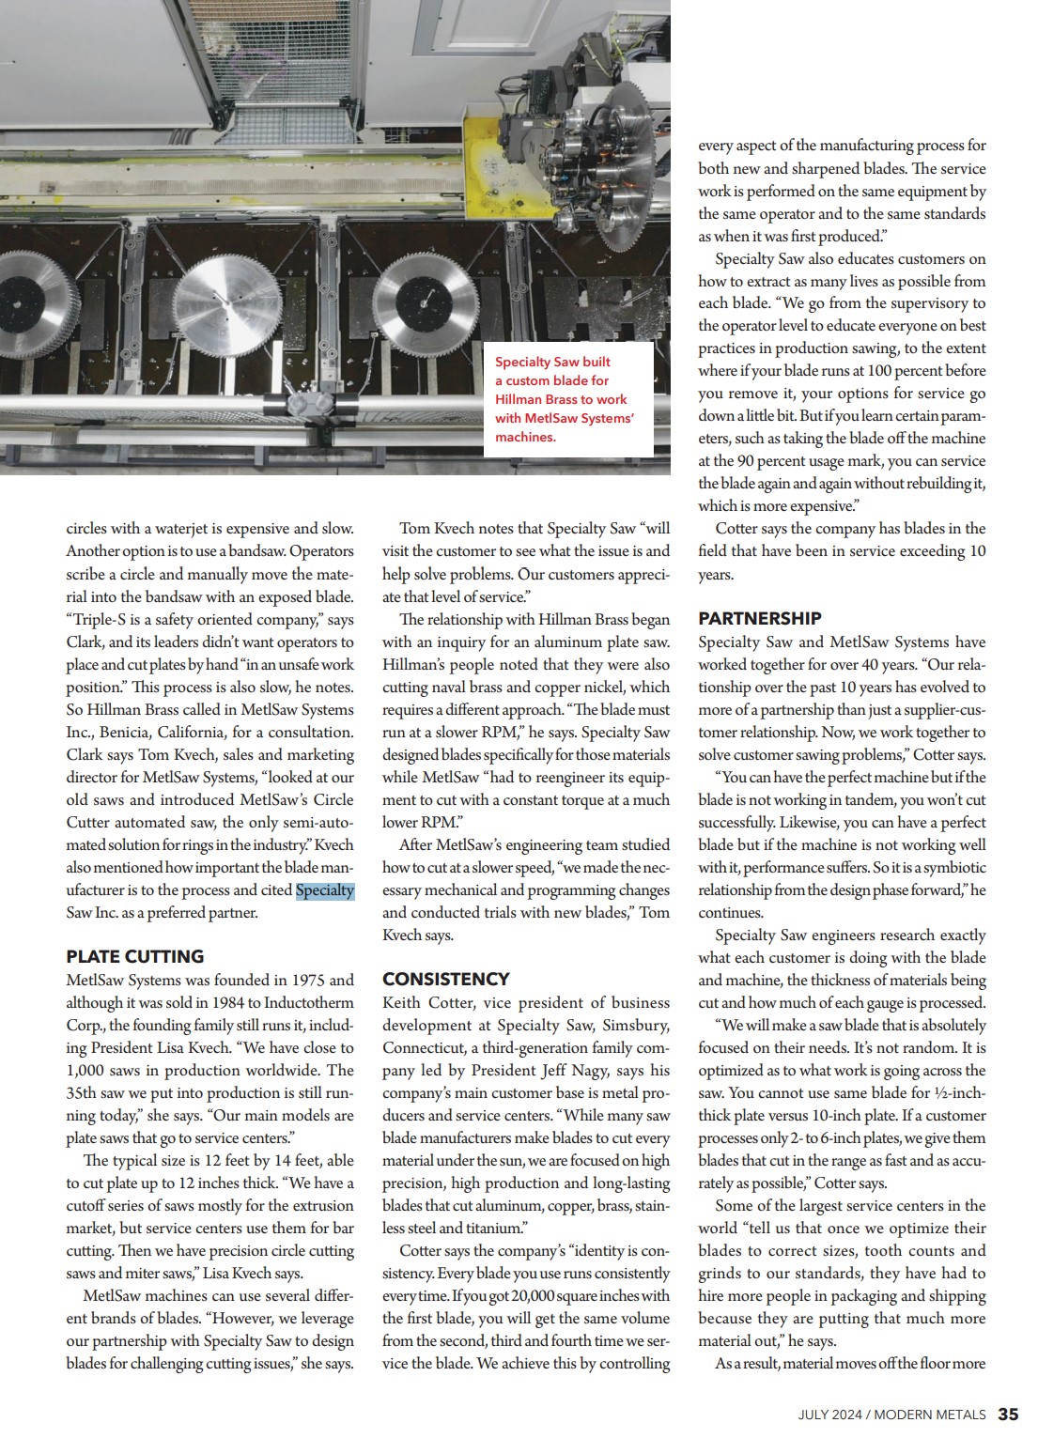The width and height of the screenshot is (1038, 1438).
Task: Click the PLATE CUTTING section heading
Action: click(134, 956)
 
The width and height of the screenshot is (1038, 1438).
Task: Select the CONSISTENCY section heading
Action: click(445, 979)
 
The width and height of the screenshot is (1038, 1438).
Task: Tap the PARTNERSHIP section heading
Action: click(759, 618)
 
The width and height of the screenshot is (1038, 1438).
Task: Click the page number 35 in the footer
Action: click(1008, 1414)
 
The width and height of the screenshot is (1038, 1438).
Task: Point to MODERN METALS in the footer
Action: click(930, 1415)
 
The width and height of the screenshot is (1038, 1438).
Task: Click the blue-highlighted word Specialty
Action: click(324, 890)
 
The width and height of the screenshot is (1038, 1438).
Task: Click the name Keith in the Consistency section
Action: click(401, 1002)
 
